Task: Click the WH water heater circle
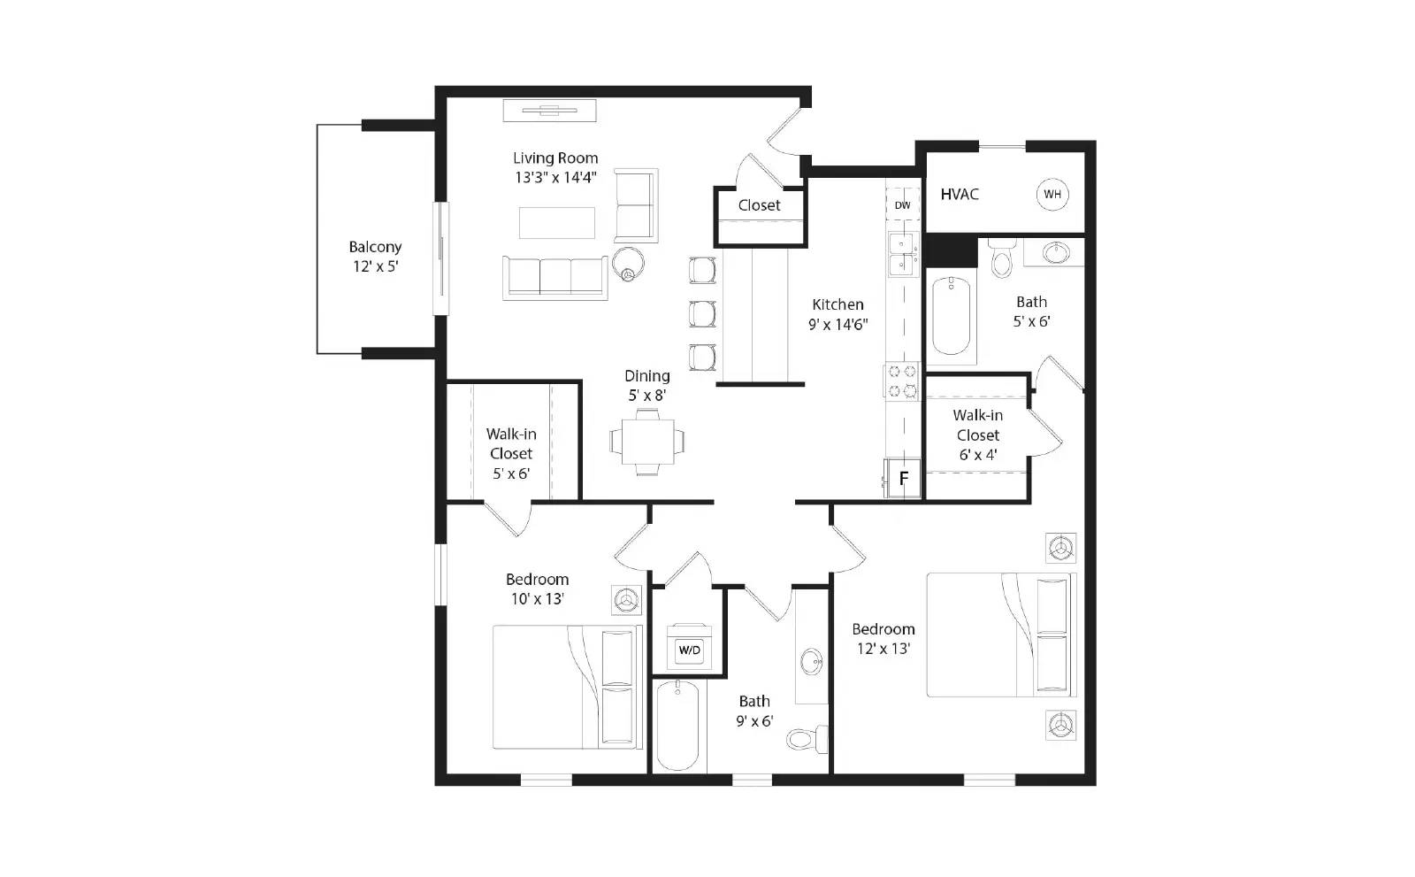click(1052, 195)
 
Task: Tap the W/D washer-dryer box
click(689, 650)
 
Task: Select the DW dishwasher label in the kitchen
click(902, 205)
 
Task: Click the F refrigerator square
click(903, 479)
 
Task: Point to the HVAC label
click(960, 195)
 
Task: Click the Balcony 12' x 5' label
click(375, 257)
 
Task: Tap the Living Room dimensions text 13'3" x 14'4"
click(555, 177)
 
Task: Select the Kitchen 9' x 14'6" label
click(838, 314)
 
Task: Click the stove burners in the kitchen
click(902, 381)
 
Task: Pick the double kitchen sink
click(902, 254)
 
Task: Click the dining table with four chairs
click(646, 442)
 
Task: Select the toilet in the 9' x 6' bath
click(806, 736)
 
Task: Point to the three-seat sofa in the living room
click(555, 277)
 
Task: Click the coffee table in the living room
click(556, 222)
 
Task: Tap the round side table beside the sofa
click(629, 263)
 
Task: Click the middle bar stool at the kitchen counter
click(703, 313)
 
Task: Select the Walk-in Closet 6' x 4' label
click(977, 435)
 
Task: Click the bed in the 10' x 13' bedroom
click(568, 688)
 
